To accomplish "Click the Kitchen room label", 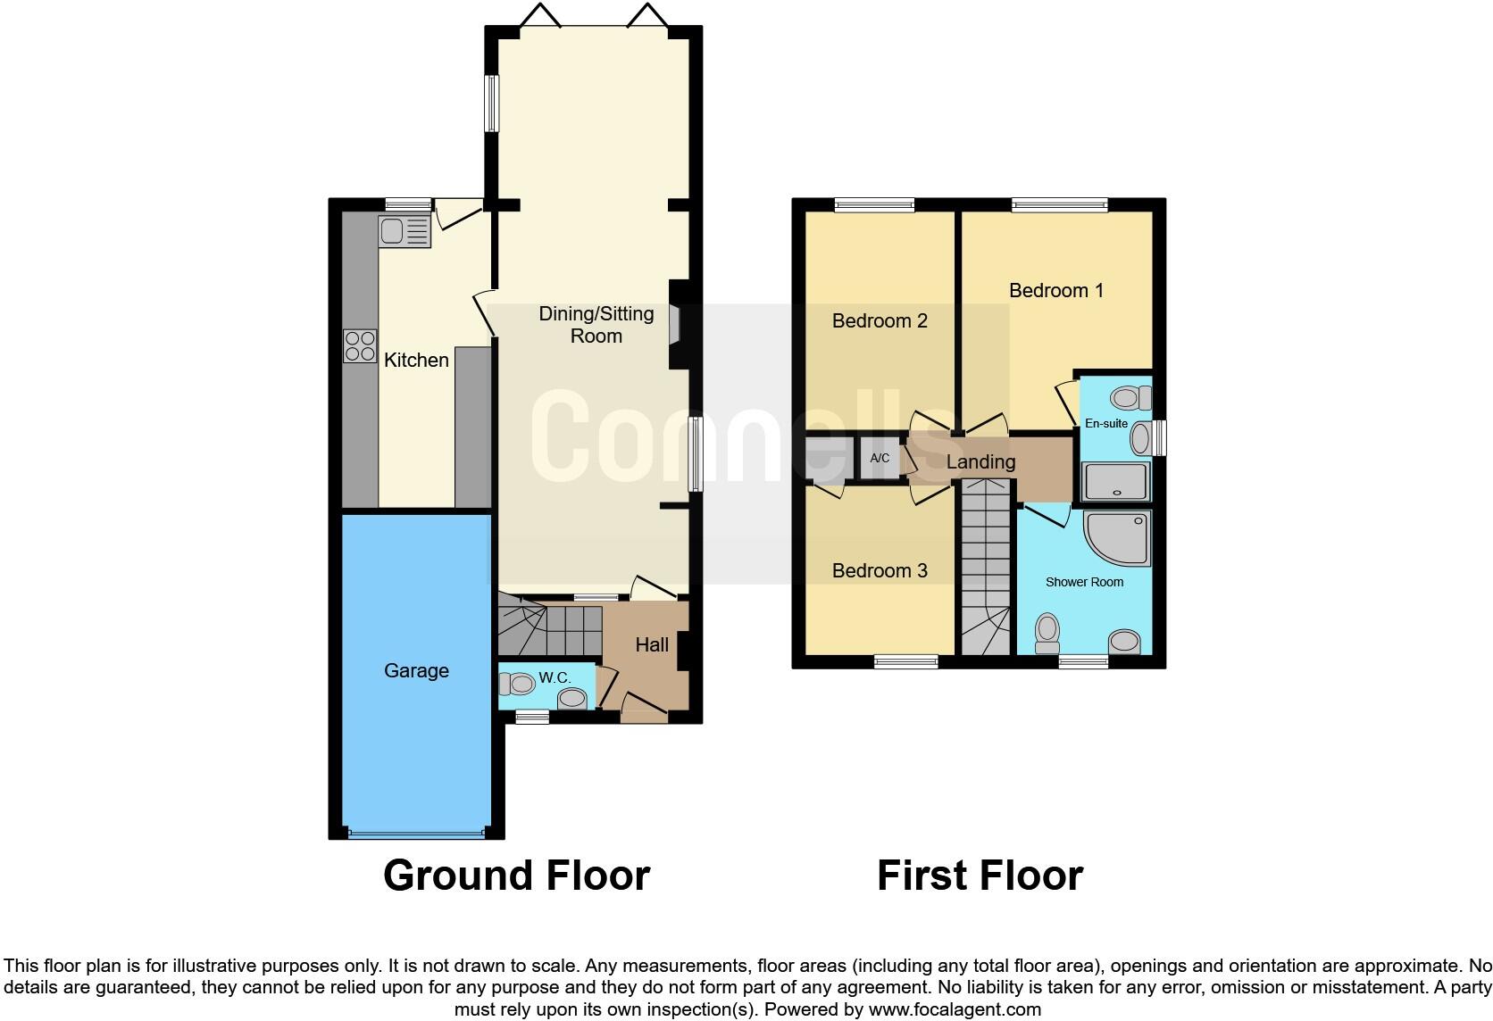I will (416, 360).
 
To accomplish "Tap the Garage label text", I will (416, 670).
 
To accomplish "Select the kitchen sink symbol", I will (404, 231).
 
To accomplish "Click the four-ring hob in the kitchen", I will (360, 346).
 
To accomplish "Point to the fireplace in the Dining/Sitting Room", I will (676, 325).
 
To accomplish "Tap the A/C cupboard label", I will (880, 459).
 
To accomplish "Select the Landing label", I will (980, 461).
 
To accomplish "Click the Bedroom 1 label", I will (1055, 290).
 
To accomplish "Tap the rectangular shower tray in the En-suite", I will (1114, 482).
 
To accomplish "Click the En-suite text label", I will (1105, 423).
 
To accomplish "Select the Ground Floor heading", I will (516, 876).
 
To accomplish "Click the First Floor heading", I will (980, 876).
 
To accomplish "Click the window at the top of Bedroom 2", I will (875, 205).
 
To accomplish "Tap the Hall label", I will (652, 644).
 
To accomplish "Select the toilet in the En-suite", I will (1130, 397).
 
